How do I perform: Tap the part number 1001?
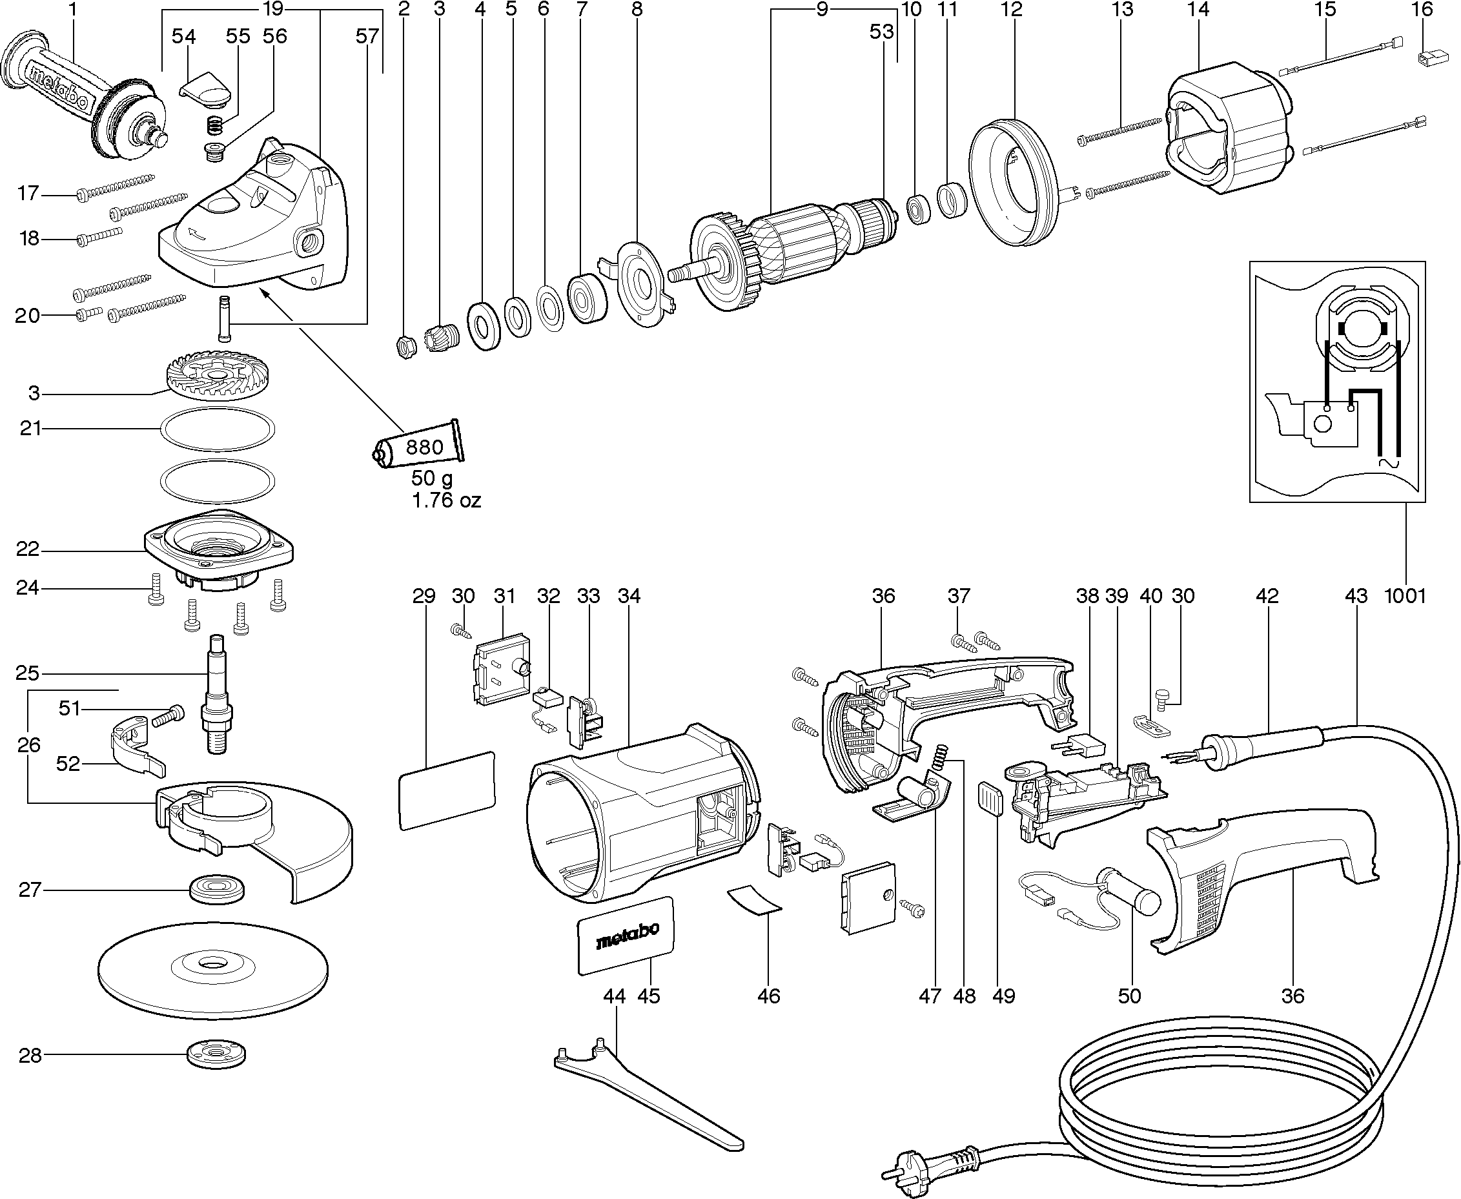pos(1405,595)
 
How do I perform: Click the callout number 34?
pos(629,595)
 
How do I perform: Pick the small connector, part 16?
pos(1428,59)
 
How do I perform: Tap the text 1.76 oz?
pos(446,500)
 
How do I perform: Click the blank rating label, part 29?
pos(447,791)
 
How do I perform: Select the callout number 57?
pos(367,36)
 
